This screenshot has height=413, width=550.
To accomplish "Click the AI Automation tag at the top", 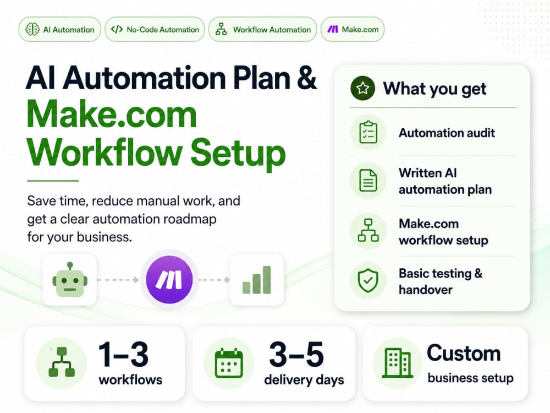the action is [x=59, y=30].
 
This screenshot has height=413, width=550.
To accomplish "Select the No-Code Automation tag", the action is [x=155, y=30].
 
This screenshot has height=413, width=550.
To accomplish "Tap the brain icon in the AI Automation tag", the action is [x=32, y=30].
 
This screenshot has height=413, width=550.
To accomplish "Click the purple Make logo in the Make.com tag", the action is [x=333, y=29].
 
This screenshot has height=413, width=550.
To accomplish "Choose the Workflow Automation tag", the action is [x=263, y=30].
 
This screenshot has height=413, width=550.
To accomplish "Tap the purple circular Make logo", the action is [x=169, y=280].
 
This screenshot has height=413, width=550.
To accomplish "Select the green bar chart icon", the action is [x=257, y=280].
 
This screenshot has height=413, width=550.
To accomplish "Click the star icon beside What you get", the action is [x=362, y=88].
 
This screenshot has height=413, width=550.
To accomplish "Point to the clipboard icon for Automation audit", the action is [x=369, y=132].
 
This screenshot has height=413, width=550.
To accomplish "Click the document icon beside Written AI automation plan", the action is [x=369, y=181].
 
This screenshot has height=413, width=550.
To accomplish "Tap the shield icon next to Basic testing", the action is [x=368, y=281].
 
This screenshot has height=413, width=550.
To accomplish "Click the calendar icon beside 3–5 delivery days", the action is [x=229, y=363].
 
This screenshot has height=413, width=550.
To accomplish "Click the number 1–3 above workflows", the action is [x=123, y=354].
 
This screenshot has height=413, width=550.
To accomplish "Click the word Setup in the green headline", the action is [x=238, y=153].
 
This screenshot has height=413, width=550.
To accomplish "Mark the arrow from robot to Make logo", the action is [x=118, y=280].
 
